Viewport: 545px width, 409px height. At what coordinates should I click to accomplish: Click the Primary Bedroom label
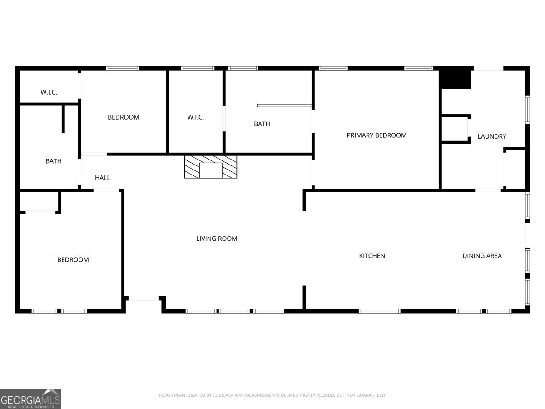point(377,135)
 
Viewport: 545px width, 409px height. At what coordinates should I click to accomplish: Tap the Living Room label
point(217,239)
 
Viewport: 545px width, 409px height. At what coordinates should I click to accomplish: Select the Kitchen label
point(372,256)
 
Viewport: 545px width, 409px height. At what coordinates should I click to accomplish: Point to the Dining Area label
point(482,256)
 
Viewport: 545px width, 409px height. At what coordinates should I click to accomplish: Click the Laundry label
point(492,136)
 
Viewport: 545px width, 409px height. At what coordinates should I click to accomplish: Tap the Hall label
point(102,178)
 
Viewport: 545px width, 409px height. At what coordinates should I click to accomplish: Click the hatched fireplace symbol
point(210,167)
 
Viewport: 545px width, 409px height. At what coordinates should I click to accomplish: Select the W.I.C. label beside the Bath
point(196,117)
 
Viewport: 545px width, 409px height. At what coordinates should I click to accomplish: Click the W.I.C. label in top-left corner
point(49,92)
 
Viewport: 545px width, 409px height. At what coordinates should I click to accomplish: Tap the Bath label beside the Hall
point(54,161)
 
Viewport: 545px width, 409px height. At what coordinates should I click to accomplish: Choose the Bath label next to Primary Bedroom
point(262,124)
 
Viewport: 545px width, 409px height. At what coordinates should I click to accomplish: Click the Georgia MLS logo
point(30,399)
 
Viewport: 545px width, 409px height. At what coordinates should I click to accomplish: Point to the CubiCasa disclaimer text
point(272,395)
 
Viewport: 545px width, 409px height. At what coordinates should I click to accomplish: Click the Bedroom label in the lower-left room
point(73,260)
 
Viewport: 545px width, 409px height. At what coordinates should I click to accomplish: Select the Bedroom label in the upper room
point(123,117)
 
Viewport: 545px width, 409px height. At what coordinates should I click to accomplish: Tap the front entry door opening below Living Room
point(143,299)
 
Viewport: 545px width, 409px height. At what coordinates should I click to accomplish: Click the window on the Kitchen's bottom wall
point(379,311)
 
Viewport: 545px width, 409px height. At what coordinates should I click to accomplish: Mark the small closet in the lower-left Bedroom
point(39,201)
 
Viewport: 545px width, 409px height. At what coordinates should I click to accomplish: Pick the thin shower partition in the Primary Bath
point(284,105)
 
